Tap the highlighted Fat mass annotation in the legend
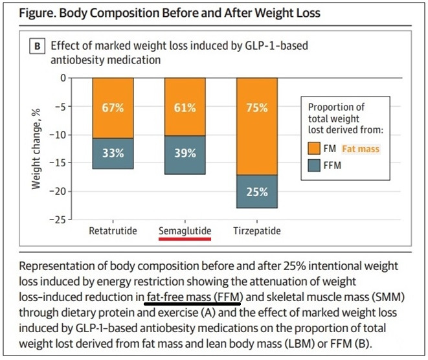click(x=361, y=149)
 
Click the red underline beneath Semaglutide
click(x=185, y=238)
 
